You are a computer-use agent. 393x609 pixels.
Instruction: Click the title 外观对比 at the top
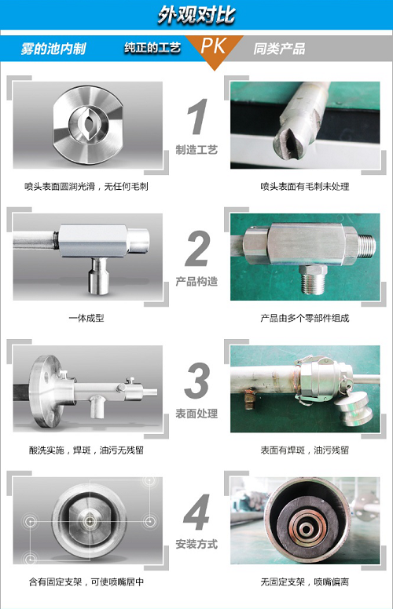click(196, 15)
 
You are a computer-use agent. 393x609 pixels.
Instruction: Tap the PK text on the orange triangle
click(213, 46)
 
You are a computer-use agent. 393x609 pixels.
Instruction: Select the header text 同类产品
click(279, 49)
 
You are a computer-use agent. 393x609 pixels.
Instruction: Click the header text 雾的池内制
click(53, 49)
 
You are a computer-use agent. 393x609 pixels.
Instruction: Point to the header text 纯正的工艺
click(152, 47)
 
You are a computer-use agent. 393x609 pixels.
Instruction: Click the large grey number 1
click(196, 116)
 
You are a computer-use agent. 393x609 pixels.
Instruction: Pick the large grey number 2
click(196, 249)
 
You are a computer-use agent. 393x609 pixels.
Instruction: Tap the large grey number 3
click(196, 381)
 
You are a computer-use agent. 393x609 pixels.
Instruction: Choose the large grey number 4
click(196, 512)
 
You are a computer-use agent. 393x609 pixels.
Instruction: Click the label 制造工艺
click(196, 150)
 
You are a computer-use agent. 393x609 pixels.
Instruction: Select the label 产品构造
click(196, 282)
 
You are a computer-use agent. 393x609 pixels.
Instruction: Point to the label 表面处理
click(196, 414)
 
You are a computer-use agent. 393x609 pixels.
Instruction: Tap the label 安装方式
click(196, 544)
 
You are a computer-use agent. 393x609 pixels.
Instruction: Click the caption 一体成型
click(86, 318)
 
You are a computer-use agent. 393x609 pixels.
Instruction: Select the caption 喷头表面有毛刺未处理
click(305, 187)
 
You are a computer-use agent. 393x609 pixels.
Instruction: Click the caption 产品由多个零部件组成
click(305, 318)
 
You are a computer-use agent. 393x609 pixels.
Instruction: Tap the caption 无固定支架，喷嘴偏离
click(305, 582)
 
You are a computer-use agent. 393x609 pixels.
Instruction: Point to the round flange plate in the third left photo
click(46, 390)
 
